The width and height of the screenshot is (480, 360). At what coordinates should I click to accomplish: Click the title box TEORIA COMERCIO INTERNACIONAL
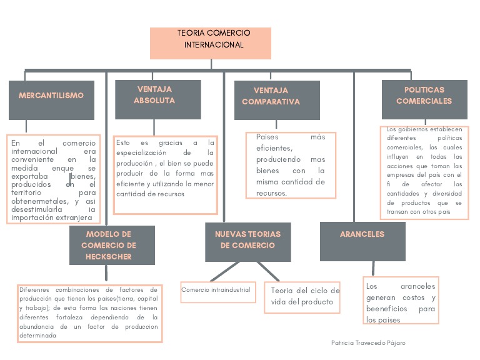[x=211, y=42]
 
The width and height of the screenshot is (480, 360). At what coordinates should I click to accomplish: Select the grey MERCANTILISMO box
[x=51, y=99]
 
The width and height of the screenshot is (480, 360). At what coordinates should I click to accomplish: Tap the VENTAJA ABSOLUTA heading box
[x=157, y=99]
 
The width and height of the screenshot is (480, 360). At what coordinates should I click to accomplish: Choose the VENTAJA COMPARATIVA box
[x=276, y=100]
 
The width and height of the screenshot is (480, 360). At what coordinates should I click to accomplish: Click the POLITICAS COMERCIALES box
[x=424, y=99]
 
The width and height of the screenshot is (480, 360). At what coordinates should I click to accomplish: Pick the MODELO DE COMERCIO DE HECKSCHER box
[x=111, y=245]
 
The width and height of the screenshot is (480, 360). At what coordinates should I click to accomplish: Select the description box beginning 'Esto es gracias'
[x=165, y=169]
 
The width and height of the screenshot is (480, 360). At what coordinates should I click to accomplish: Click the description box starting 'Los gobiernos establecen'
[x=424, y=172]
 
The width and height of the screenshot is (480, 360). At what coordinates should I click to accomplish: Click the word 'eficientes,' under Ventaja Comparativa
[x=274, y=148]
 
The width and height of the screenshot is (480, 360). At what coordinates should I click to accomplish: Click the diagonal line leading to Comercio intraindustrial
[x=224, y=271]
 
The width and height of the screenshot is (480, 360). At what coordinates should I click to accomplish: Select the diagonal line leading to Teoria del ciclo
[x=269, y=272]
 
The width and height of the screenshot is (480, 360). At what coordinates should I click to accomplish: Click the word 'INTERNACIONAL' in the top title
[x=214, y=45]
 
